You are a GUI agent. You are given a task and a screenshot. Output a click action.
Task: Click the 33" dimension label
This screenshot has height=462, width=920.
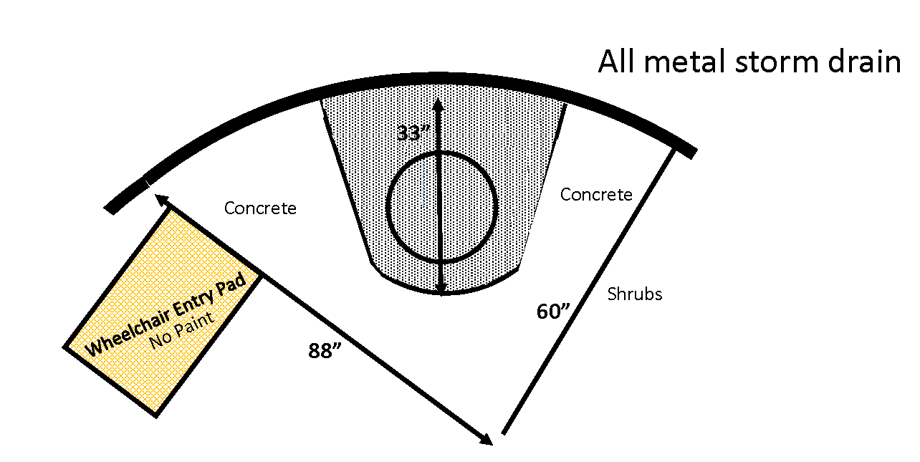413,133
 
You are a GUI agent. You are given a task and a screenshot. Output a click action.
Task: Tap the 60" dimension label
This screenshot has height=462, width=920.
552,312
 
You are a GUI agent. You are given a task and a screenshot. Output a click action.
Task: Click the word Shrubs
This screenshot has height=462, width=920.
634,294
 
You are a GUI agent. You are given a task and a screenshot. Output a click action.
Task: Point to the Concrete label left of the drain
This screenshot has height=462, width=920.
260,208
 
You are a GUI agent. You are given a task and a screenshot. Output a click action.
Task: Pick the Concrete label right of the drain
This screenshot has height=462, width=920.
596,195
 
